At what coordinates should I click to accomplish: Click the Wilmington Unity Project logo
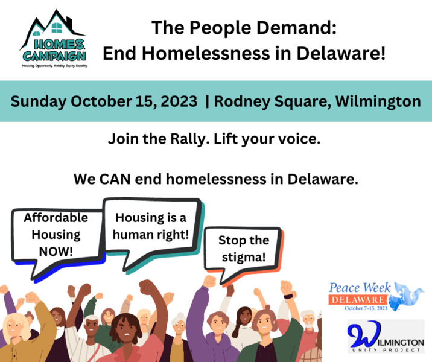pos(386,336)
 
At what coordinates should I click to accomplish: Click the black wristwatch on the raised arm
pos(288,297)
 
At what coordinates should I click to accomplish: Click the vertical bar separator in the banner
pos(208,101)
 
